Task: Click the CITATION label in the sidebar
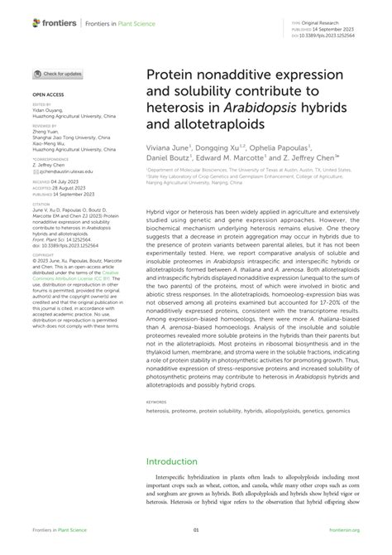coord(40,201)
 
